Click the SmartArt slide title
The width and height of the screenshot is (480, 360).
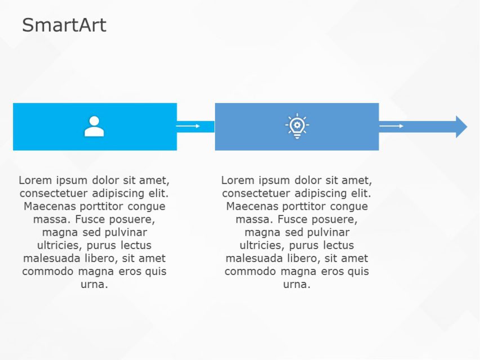click(64, 25)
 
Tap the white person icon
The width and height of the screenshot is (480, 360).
click(94, 127)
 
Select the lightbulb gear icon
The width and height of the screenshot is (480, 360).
click(297, 127)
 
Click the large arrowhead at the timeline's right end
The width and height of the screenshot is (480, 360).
click(461, 127)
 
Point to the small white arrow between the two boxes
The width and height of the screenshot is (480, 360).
click(189, 126)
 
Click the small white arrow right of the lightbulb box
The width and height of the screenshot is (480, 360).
click(392, 126)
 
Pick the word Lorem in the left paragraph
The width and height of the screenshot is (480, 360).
click(35, 181)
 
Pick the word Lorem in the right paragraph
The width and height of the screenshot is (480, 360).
click(237, 181)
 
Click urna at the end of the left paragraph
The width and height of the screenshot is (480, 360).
click(94, 284)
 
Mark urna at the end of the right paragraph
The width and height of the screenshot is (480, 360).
click(297, 284)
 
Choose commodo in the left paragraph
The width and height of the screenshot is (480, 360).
click(48, 271)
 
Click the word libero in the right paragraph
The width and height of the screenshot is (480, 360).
click(304, 258)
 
